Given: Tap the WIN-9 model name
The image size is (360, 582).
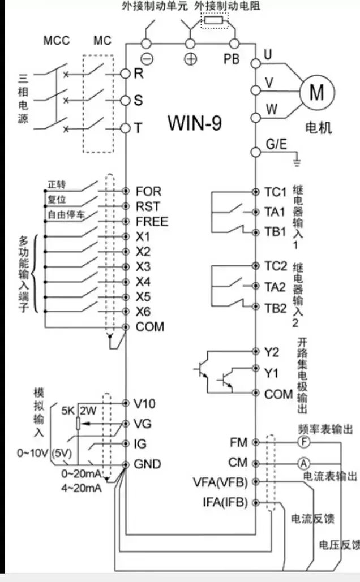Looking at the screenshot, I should pos(194,123).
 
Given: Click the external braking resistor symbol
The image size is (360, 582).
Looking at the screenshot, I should pos(213,21).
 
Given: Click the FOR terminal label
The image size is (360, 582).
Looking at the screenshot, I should pos(148,191).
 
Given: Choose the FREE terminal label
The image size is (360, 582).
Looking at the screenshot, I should pos(152,221).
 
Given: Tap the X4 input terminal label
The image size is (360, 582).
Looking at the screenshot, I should pos(143,281).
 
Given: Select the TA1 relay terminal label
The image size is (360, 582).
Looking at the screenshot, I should pos(275,212).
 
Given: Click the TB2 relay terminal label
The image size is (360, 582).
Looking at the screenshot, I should pos(276,308).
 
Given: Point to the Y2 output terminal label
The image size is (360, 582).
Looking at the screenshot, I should pos(272,352).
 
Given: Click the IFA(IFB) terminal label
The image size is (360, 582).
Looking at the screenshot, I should pos(225,502).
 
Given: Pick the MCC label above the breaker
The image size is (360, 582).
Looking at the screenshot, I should pos(57,41).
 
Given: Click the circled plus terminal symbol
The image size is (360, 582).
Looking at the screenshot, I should pos(191,59).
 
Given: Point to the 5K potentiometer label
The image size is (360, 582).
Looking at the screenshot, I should pos(68,411).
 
